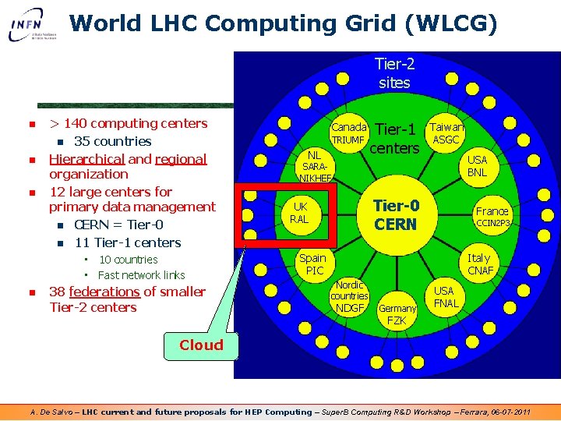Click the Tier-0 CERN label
tap(395, 214)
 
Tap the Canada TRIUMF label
tap(348, 133)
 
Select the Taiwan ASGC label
tap(447, 133)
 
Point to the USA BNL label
tap(476, 165)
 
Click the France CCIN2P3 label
tap(492, 217)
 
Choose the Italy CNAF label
tap(478, 264)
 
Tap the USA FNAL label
tap(446, 296)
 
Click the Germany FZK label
tap(397, 314)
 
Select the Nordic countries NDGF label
tap(349, 297)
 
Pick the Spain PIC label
tap(313, 264)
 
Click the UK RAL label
tap(299, 213)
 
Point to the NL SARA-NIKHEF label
tap(316, 166)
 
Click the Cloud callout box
tap(201, 345)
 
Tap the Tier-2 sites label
tap(394, 73)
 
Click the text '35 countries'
tap(112, 141)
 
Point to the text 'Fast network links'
tap(141, 274)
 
